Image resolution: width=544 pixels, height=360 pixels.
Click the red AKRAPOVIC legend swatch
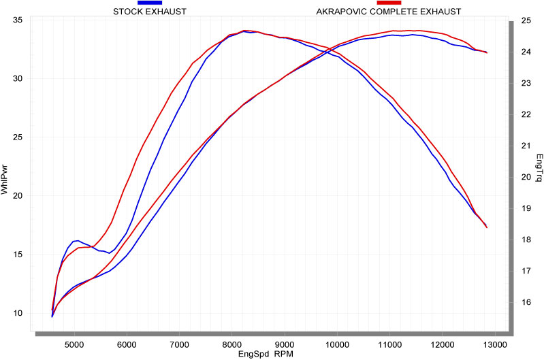(x=389, y=3)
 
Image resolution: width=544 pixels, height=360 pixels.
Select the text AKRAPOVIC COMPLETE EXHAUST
(x=389, y=12)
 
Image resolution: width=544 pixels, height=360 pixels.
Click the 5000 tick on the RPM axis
(x=74, y=343)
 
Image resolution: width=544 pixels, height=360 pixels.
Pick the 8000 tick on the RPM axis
(x=231, y=343)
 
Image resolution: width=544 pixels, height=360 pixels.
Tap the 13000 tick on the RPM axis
(x=495, y=343)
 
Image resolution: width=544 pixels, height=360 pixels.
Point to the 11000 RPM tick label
(x=390, y=343)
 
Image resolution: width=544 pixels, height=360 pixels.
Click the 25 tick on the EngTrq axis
(x=525, y=20)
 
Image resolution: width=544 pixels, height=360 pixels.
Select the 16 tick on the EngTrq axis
(x=525, y=302)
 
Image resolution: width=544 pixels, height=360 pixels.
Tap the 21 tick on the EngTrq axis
(x=525, y=146)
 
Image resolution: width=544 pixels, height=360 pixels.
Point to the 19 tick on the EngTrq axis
(x=525, y=208)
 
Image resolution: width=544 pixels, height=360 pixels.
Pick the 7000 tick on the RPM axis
(x=179, y=343)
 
